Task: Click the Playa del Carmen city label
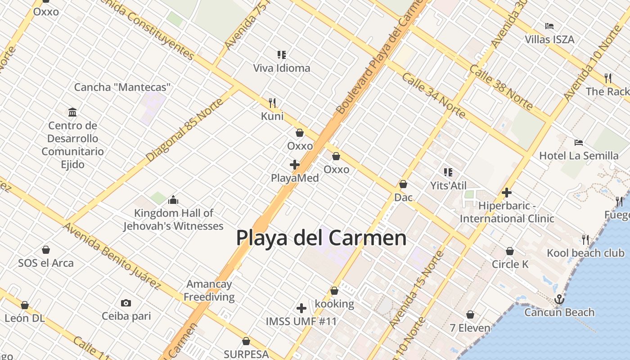coord(321,238)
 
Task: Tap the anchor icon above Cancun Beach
coord(559,299)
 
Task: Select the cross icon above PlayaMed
coord(295,165)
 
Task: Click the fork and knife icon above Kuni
coord(272,103)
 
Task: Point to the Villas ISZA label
coord(549,40)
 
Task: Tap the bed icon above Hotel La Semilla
coord(579,143)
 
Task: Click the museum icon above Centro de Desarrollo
coord(72,112)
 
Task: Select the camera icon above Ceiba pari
coord(126,303)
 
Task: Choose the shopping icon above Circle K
coord(510,251)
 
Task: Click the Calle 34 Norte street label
coord(433,95)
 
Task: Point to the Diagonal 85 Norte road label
coord(184,130)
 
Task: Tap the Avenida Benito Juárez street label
coord(112,255)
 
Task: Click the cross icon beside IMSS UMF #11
coord(301,308)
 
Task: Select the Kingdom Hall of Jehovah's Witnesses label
coord(173,219)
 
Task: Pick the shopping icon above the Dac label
coord(403,184)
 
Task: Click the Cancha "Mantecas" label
coord(122,87)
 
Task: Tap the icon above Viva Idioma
coord(282,55)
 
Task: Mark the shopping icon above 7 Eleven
coord(470,315)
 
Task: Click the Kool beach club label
coord(585,253)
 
